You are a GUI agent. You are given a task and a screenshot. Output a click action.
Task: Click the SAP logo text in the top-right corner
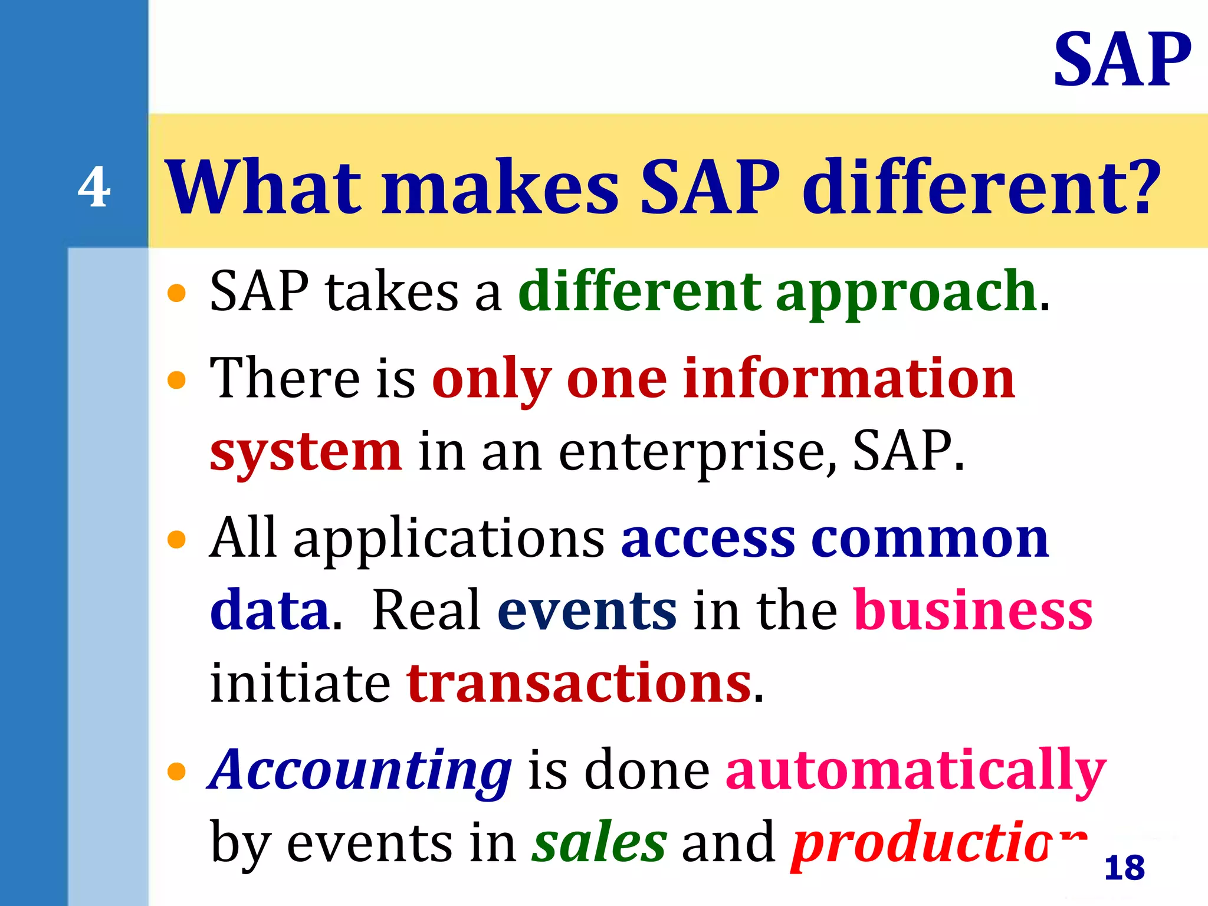click(1122, 60)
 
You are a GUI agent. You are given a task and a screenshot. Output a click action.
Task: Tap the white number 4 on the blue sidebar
click(94, 188)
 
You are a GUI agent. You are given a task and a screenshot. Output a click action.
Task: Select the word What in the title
click(264, 188)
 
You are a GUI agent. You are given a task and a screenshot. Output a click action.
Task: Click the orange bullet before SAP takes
click(176, 293)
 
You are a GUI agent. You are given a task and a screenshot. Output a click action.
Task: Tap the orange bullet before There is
click(176, 380)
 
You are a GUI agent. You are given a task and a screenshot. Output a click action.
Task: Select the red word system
click(306, 452)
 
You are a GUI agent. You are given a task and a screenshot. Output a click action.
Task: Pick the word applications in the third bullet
click(449, 539)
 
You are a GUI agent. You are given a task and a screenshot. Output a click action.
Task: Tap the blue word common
click(930, 539)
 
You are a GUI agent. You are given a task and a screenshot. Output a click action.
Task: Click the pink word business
click(973, 610)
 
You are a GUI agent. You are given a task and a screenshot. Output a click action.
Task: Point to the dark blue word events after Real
click(587, 610)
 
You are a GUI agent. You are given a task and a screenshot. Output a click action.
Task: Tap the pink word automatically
click(915, 770)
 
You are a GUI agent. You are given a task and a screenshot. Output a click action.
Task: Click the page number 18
click(1124, 868)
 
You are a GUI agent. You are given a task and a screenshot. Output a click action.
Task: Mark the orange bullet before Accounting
click(176, 771)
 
